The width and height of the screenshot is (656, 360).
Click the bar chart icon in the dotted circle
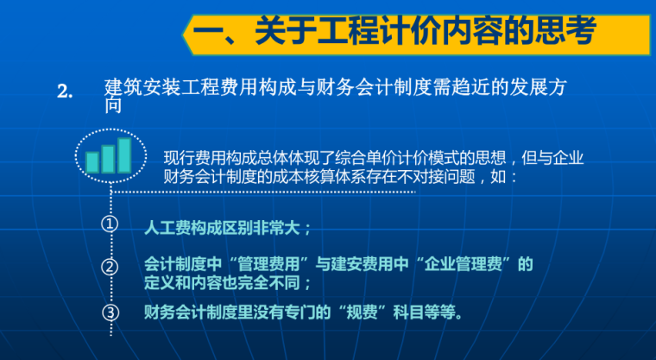pos(109,156)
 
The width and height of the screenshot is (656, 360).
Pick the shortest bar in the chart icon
pos(92,161)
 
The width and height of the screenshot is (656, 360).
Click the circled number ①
pos(110,225)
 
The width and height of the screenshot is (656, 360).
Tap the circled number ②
pos(110,267)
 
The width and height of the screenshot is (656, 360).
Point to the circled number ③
pos(110,312)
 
